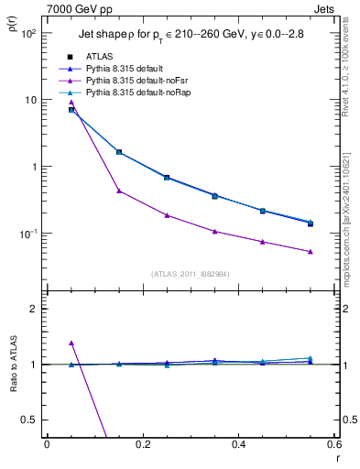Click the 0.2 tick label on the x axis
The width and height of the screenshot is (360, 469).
[142, 444]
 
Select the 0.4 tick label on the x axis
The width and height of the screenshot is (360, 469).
[238, 444]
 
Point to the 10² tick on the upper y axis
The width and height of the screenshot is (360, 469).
[30, 33]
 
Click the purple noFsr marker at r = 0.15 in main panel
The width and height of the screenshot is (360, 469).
[119, 191]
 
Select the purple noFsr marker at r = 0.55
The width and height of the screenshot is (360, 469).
[311, 251]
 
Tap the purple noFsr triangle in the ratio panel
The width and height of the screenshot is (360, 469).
[71, 343]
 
